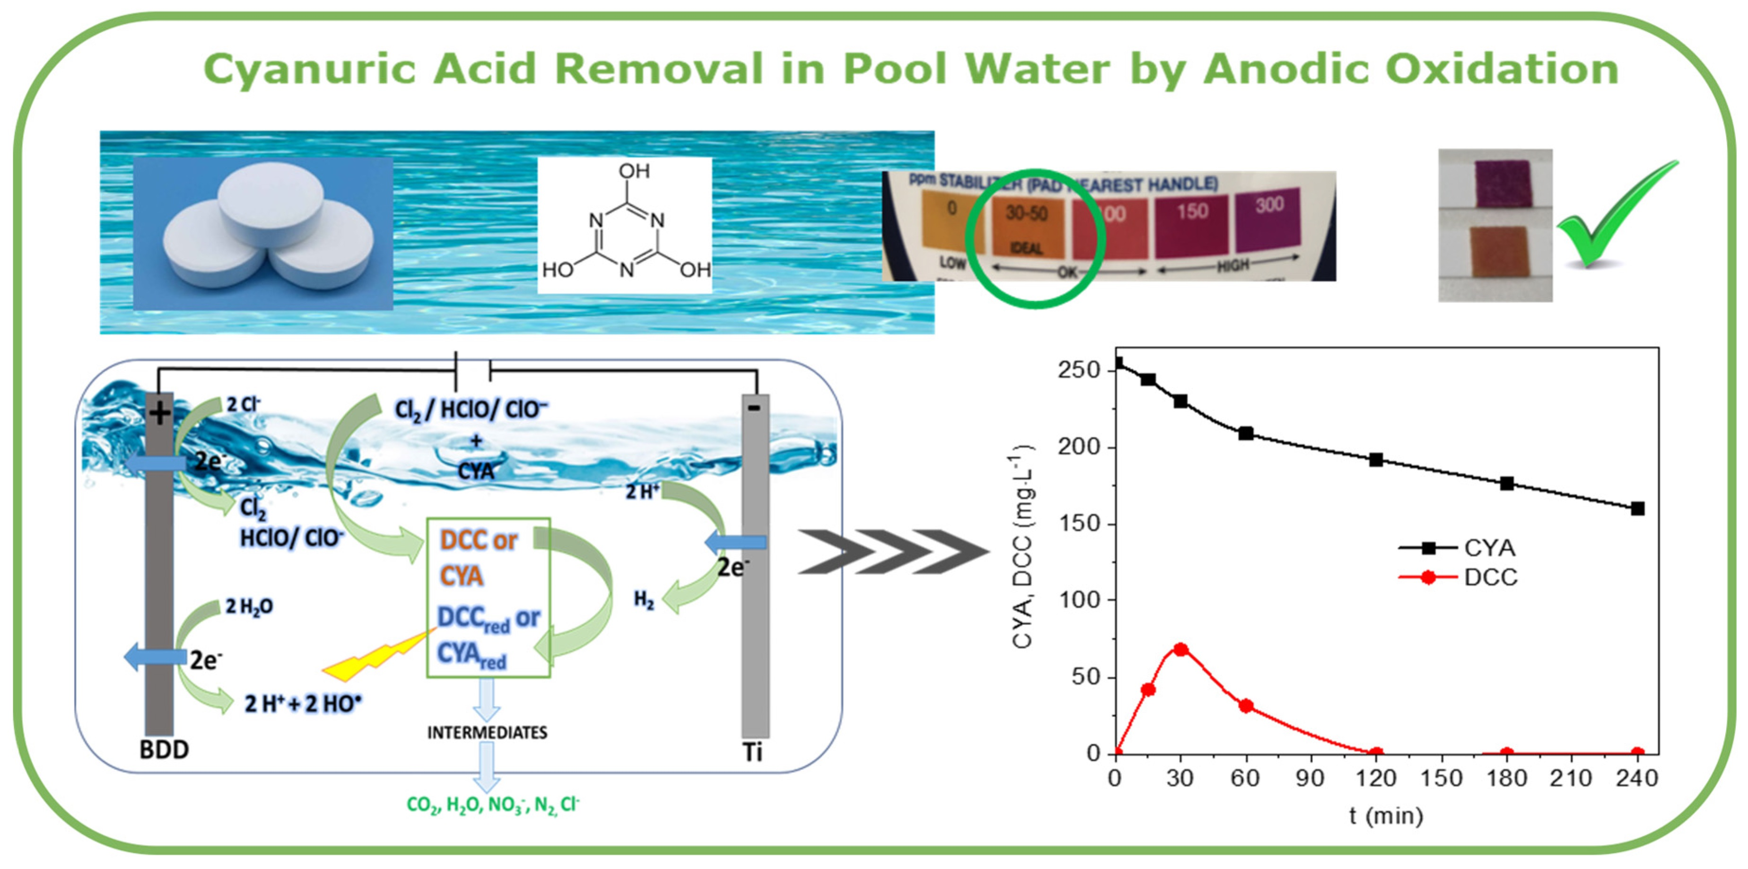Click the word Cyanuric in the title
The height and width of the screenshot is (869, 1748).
309,70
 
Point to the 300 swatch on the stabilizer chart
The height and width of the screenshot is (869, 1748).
1267,219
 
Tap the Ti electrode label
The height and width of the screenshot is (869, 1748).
752,752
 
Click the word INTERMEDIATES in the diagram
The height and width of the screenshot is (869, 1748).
487,733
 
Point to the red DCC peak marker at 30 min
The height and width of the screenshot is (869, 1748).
1181,649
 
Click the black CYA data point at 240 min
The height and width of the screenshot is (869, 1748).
1637,509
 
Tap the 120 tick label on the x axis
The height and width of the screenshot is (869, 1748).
1375,778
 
